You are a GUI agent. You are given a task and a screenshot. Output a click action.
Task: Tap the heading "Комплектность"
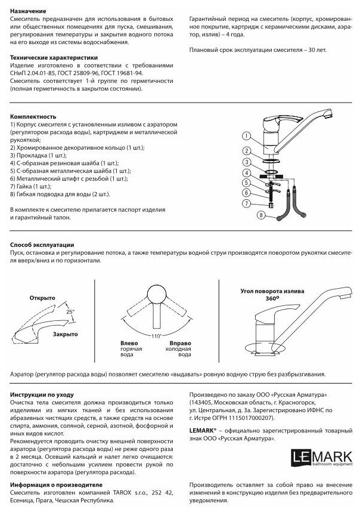click(33, 116)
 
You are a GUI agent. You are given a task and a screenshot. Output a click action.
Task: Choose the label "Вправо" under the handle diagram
click(181, 343)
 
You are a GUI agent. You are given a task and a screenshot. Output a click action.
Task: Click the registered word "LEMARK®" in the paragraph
click(204, 429)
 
